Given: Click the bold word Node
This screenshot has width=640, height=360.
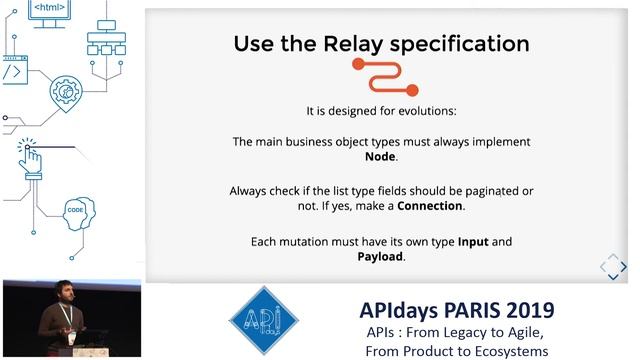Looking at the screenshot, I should point(380,157).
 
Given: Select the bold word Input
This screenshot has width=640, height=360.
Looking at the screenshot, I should point(473,242).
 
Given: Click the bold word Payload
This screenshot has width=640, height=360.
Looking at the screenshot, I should point(381,256).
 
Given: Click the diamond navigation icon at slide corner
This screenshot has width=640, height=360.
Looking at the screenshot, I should point(612,267).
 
